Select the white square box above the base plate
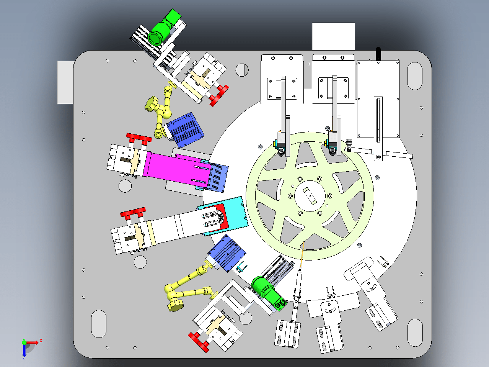[333, 36]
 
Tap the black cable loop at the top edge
[378, 54]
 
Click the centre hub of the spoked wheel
[310, 196]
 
